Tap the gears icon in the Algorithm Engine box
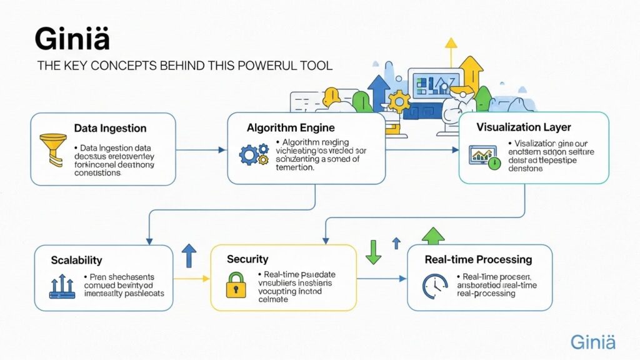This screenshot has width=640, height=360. [254, 154]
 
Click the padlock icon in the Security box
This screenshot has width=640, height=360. [236, 284]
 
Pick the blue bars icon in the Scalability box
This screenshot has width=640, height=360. [62, 284]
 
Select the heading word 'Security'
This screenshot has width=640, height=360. [247, 259]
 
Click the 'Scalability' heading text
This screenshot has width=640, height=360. [77, 260]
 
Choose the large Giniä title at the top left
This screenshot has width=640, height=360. [72, 39]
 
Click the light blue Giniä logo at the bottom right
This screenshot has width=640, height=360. [592, 342]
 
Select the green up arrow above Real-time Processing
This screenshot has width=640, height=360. [433, 236]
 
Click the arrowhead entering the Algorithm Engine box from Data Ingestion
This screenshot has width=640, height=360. [222, 150]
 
